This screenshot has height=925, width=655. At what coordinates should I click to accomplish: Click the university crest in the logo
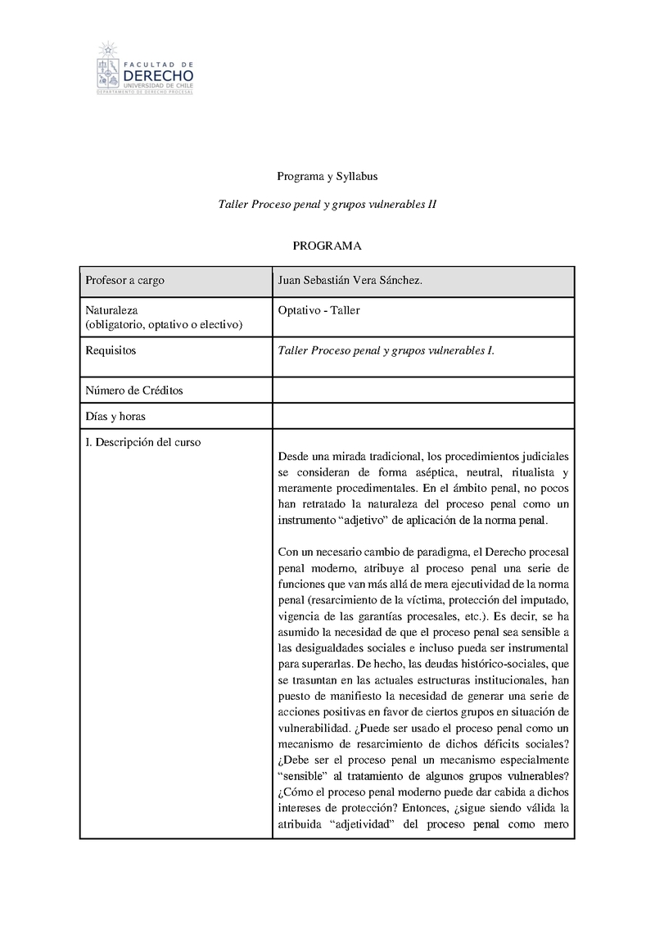tap(106, 65)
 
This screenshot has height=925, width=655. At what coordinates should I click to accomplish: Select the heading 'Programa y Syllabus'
tap(327, 176)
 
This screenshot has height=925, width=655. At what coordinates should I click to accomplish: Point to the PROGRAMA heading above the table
tap(327, 246)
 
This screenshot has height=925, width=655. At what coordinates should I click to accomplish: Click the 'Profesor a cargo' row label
tap(124, 281)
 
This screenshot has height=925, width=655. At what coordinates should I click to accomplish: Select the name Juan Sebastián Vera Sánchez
tap(350, 281)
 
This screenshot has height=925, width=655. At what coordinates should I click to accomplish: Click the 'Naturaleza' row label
tap(111, 310)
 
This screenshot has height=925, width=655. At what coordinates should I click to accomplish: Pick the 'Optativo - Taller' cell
tap(319, 310)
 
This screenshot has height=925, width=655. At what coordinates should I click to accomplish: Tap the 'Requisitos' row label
tap(111, 350)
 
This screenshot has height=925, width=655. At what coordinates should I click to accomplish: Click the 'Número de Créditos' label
tap(134, 390)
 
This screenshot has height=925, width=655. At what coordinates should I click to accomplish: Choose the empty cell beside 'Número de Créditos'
tap(422, 390)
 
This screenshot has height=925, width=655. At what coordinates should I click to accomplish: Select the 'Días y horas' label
tap(115, 416)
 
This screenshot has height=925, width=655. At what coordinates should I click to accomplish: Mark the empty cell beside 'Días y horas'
tap(422, 416)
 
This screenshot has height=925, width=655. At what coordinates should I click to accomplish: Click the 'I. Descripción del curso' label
tap(143, 442)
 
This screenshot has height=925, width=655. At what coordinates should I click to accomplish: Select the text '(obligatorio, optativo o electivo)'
tap(164, 325)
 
